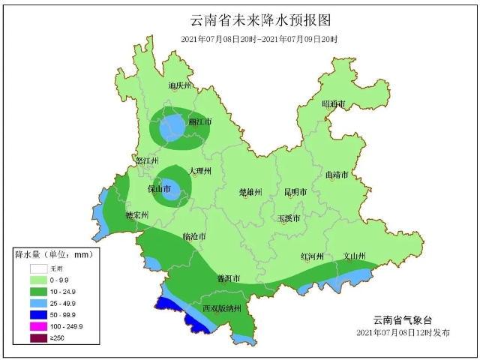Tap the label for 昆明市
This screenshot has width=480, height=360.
pos(295,192)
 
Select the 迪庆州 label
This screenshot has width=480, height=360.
pos(180,86)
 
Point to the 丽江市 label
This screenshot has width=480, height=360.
pos(199,121)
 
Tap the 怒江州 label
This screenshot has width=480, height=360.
pos(148,161)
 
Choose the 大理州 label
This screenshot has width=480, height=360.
pos(200,172)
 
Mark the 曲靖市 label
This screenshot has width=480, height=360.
pos(337,175)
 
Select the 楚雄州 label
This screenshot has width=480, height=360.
pos(250,192)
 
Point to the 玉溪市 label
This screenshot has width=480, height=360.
pos(289,218)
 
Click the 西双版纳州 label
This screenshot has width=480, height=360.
pos(222,308)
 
